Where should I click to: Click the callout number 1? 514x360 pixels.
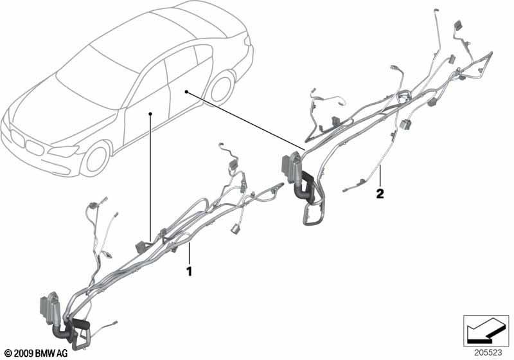coord(189,271)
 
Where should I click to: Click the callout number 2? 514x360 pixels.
coord(380,194)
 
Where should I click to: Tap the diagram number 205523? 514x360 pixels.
coord(488,352)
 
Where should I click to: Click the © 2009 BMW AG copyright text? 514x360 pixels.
coord(37,353)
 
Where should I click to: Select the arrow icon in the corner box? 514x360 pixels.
coord(486,330)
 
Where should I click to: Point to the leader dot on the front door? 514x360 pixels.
coord(150,114)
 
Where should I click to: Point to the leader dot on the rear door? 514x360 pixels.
coord(186,92)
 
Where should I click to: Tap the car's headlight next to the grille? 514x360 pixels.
coord(64,151)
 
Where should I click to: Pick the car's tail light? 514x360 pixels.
coord(247,41)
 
